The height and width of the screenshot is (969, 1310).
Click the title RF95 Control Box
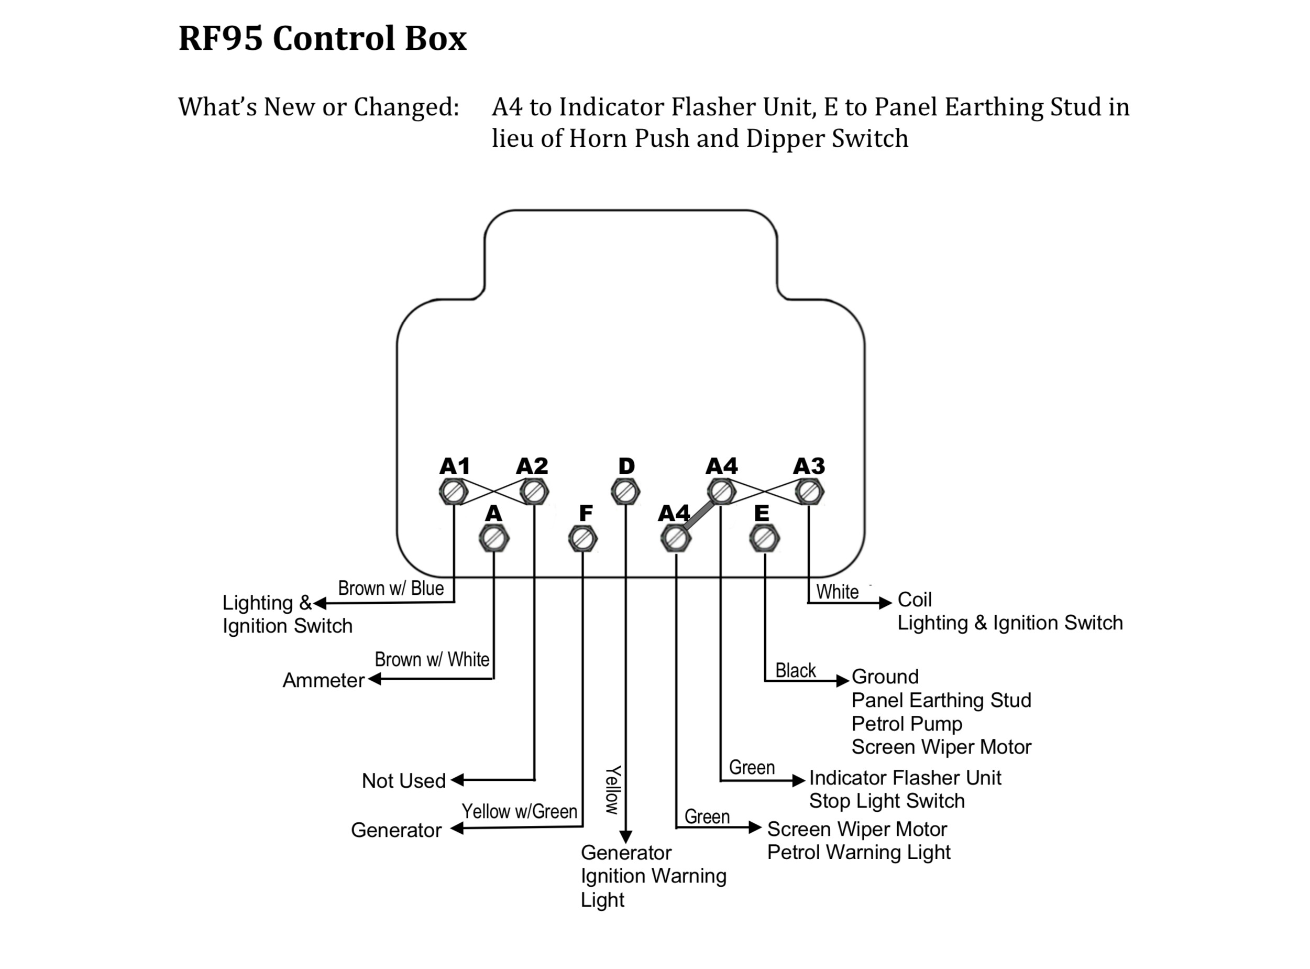tap(322, 39)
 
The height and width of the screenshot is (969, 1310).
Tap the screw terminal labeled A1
tap(453, 492)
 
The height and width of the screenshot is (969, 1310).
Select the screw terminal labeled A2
tap(533, 492)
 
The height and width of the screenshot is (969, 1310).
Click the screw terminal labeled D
tap(625, 492)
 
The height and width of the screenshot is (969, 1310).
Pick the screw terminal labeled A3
tap(809, 492)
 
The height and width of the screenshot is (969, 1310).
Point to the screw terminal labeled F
tap(582, 538)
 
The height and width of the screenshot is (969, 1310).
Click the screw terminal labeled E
tap(764, 538)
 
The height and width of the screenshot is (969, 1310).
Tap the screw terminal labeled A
tap(493, 538)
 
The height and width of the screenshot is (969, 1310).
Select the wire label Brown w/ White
tap(432, 659)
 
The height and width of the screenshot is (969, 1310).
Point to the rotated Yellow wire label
tap(612, 790)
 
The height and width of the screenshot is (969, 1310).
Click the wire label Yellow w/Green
tap(519, 811)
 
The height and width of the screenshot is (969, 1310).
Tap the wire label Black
tap(796, 670)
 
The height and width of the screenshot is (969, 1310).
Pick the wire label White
tap(837, 592)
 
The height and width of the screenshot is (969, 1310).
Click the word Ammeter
tap(324, 680)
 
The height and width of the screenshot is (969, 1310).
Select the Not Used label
tap(404, 781)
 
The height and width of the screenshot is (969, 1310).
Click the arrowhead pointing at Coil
tap(886, 602)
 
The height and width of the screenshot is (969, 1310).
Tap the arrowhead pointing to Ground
tap(842, 680)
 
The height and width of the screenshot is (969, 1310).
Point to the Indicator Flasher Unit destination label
tap(905, 778)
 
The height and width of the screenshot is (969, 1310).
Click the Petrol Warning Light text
tap(858, 852)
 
